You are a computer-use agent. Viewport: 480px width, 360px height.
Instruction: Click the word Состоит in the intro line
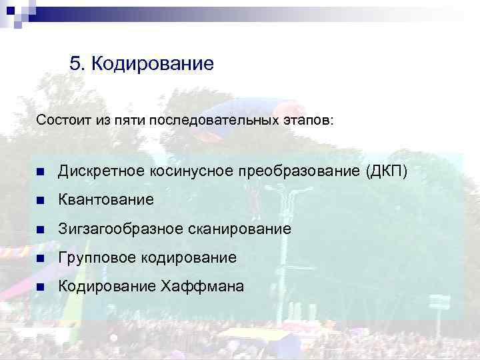[x=61, y=121]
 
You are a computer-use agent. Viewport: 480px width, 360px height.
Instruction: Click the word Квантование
[x=105, y=199]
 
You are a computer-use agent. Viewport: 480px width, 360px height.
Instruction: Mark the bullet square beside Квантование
[x=41, y=200]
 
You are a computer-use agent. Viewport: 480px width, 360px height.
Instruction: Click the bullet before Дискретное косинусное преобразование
[x=41, y=171]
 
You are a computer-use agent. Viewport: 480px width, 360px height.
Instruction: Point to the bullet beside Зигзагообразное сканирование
[x=41, y=229]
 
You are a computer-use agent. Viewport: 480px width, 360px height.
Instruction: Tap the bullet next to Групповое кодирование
[x=41, y=258]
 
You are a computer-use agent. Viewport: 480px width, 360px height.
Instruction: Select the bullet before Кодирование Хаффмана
[x=41, y=287]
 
